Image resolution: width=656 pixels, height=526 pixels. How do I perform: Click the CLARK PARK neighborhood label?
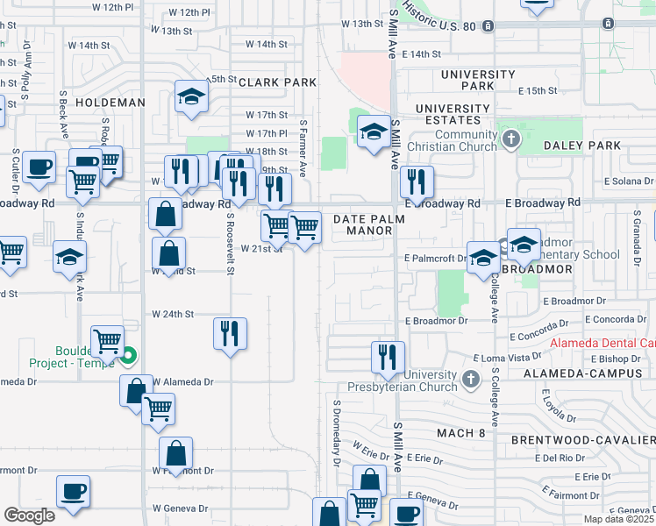(276, 82)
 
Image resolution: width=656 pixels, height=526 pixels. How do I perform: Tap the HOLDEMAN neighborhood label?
(110, 103)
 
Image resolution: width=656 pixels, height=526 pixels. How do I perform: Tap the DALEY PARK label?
(582, 146)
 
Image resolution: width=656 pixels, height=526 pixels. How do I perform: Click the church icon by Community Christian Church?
(510, 139)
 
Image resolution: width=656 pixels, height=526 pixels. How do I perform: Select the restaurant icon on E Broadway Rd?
(417, 181)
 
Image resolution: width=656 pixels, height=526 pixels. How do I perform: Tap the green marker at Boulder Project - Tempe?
(129, 356)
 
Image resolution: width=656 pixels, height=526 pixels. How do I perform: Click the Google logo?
(30, 515)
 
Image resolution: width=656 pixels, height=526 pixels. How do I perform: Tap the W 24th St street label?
(173, 313)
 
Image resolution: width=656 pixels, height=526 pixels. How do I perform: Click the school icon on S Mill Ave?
(374, 133)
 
